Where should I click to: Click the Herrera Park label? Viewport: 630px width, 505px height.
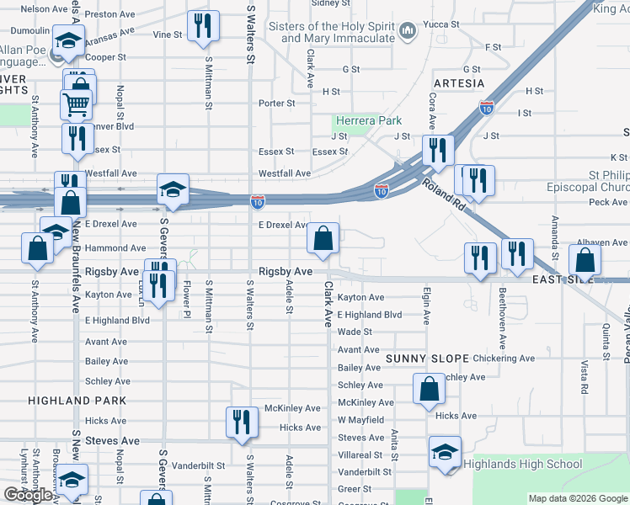coord(369,121)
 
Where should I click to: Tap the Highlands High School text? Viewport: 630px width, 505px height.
coord(523,465)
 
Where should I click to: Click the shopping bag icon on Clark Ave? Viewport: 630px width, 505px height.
coord(323,239)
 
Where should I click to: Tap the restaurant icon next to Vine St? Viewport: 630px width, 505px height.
coord(203,27)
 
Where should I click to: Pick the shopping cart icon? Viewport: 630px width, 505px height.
coord(76,105)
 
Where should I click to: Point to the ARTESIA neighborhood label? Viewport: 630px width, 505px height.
coord(459,83)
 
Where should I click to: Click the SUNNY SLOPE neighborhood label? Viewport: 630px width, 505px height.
coord(426,359)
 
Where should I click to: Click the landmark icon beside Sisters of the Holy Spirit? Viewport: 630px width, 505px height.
coord(408,33)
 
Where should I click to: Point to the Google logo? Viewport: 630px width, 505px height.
coord(28,495)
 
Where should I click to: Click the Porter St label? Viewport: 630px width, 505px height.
coord(277,104)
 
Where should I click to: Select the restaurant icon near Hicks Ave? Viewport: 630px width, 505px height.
coord(242,423)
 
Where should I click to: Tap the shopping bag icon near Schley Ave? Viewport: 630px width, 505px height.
coord(429,390)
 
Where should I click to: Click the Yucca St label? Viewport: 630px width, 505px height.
coord(442,24)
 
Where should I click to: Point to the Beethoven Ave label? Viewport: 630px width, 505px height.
coord(502,321)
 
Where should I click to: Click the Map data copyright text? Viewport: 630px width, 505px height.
coord(578,498)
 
